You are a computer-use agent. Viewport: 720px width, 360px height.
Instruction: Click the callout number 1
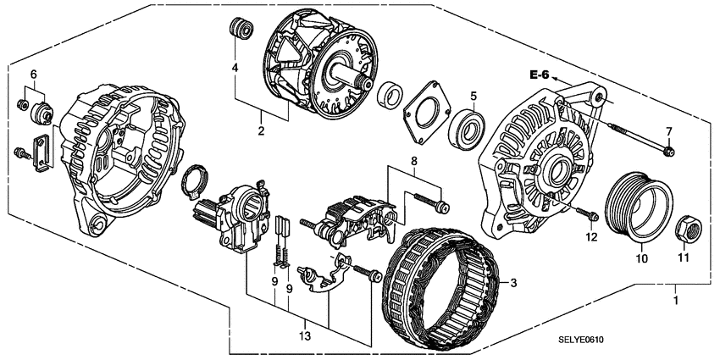click(x=675, y=300)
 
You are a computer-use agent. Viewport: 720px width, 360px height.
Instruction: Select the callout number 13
click(x=306, y=336)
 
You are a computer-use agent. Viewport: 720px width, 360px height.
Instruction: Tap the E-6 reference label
click(x=540, y=75)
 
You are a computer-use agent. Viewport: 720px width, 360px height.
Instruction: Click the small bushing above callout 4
click(x=240, y=28)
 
